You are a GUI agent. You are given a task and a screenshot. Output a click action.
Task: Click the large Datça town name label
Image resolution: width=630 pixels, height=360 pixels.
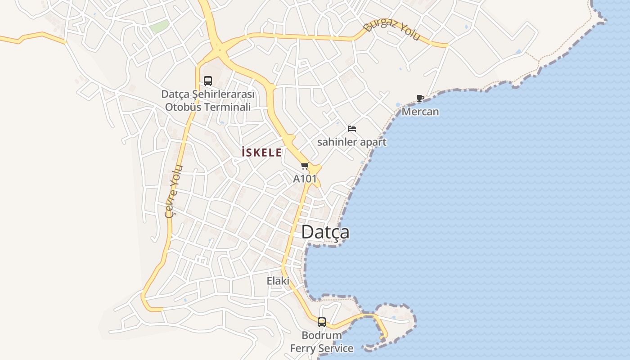[x=325, y=232]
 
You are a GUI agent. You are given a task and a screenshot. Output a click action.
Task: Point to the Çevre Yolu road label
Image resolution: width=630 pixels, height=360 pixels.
[x=174, y=191]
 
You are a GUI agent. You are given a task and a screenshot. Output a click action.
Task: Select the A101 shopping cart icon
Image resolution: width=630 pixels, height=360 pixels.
[x=305, y=166]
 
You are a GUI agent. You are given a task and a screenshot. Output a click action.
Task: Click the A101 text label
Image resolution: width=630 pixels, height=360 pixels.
[x=305, y=179]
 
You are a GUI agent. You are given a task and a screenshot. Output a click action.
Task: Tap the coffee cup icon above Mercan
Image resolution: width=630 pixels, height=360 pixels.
[x=420, y=99]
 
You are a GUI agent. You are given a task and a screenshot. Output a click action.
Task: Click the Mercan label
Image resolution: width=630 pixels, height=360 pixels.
[x=420, y=112]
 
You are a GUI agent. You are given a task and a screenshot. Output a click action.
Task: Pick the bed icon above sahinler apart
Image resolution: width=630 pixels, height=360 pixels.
[x=352, y=129]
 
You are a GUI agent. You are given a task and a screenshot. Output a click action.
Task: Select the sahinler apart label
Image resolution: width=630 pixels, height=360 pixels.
[x=352, y=142]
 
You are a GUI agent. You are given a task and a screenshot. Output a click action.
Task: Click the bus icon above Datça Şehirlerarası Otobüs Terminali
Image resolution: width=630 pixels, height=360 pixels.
[x=207, y=81]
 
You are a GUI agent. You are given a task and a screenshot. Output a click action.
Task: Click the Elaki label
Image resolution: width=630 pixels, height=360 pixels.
[x=278, y=281]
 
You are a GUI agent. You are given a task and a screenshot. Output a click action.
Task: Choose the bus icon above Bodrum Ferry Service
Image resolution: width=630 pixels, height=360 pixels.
[x=321, y=322]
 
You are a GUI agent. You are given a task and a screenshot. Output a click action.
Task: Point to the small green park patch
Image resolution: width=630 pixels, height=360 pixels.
[x=159, y=27]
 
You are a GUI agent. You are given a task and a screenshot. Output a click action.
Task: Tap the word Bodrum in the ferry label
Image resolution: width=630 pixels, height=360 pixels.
[x=321, y=336]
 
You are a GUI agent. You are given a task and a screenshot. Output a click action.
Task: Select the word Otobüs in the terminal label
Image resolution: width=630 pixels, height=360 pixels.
[x=184, y=107]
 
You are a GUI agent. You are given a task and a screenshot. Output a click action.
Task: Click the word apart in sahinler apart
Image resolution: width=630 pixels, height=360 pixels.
[x=373, y=142]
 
